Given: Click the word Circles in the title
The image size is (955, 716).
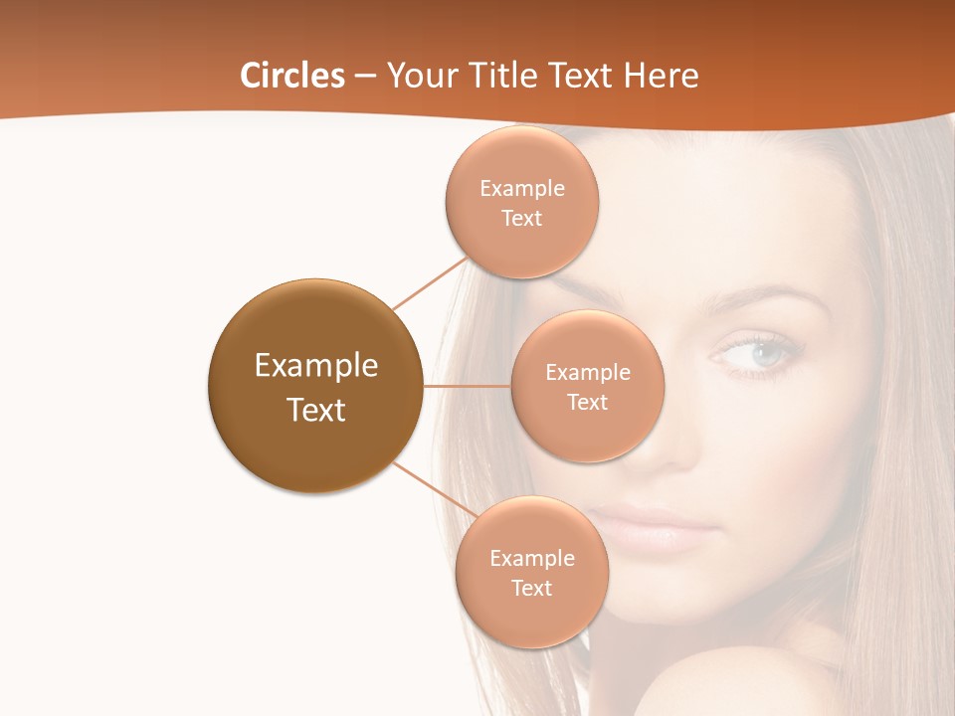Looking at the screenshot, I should point(291,76).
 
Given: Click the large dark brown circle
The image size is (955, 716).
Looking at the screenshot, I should point(316,386).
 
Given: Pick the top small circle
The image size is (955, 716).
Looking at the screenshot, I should point(522,202).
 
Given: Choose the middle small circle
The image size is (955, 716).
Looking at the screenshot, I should point(588,386).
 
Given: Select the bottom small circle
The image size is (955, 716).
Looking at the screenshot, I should point(532,572).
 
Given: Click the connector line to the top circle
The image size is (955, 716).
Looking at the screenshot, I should point(430,282).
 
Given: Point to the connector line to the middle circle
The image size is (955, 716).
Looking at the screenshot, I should point(468,386).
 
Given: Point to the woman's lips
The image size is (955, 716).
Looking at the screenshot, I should point(652,527).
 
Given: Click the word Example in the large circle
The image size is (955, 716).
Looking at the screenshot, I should point(316,365).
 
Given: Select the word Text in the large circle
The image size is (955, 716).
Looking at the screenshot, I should point(316,410).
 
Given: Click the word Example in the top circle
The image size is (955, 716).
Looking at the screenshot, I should point(522,188).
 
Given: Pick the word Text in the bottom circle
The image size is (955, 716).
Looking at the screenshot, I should point(532,588).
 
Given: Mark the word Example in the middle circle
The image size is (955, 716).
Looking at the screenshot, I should point(588,372).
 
